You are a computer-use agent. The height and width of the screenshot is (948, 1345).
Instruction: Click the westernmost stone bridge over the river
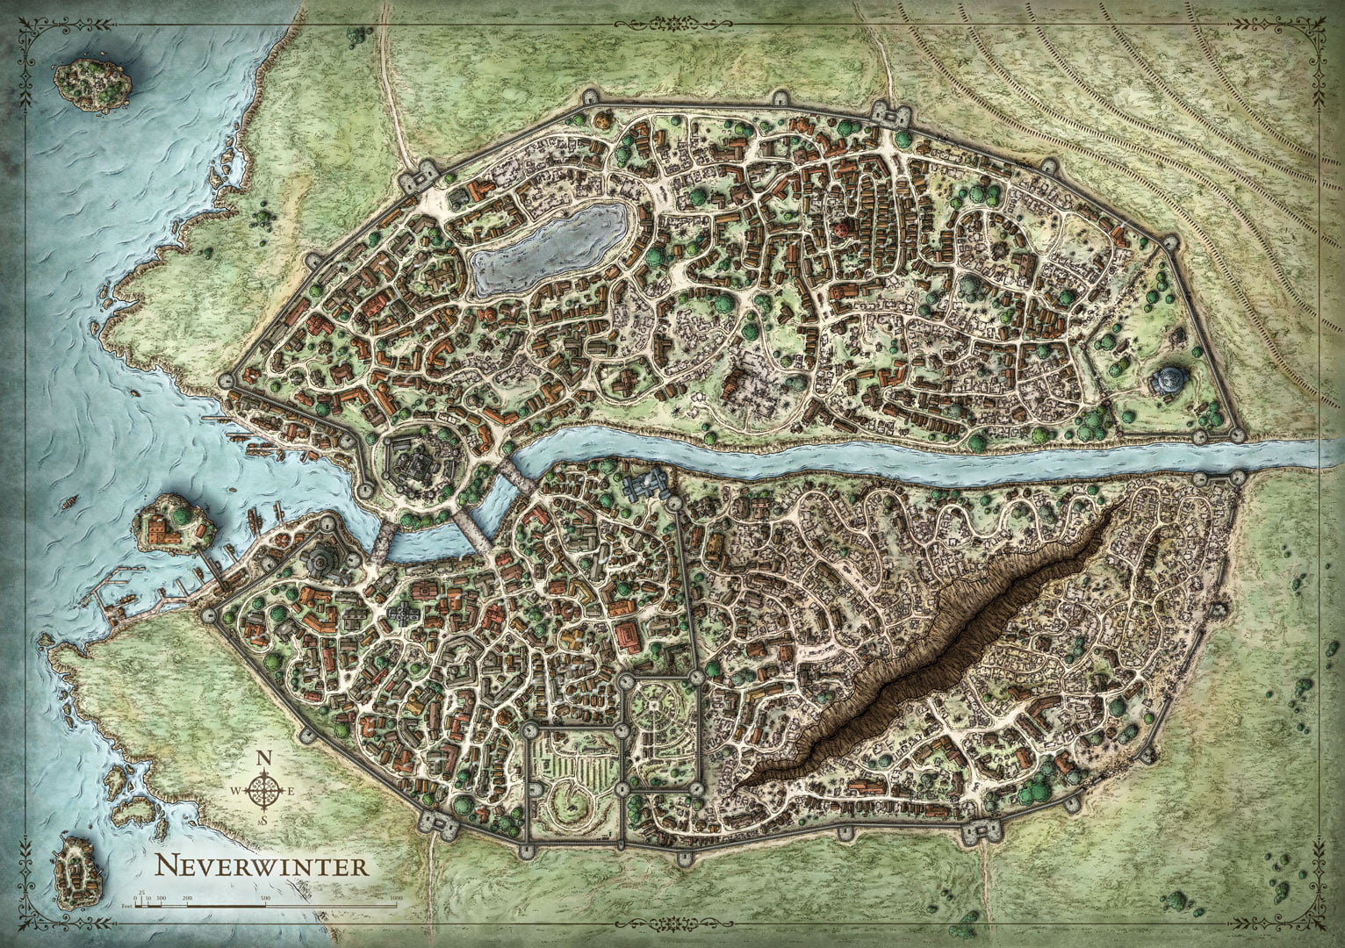click(381, 543)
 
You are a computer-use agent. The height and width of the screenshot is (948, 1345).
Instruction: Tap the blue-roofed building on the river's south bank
click(647, 484)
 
